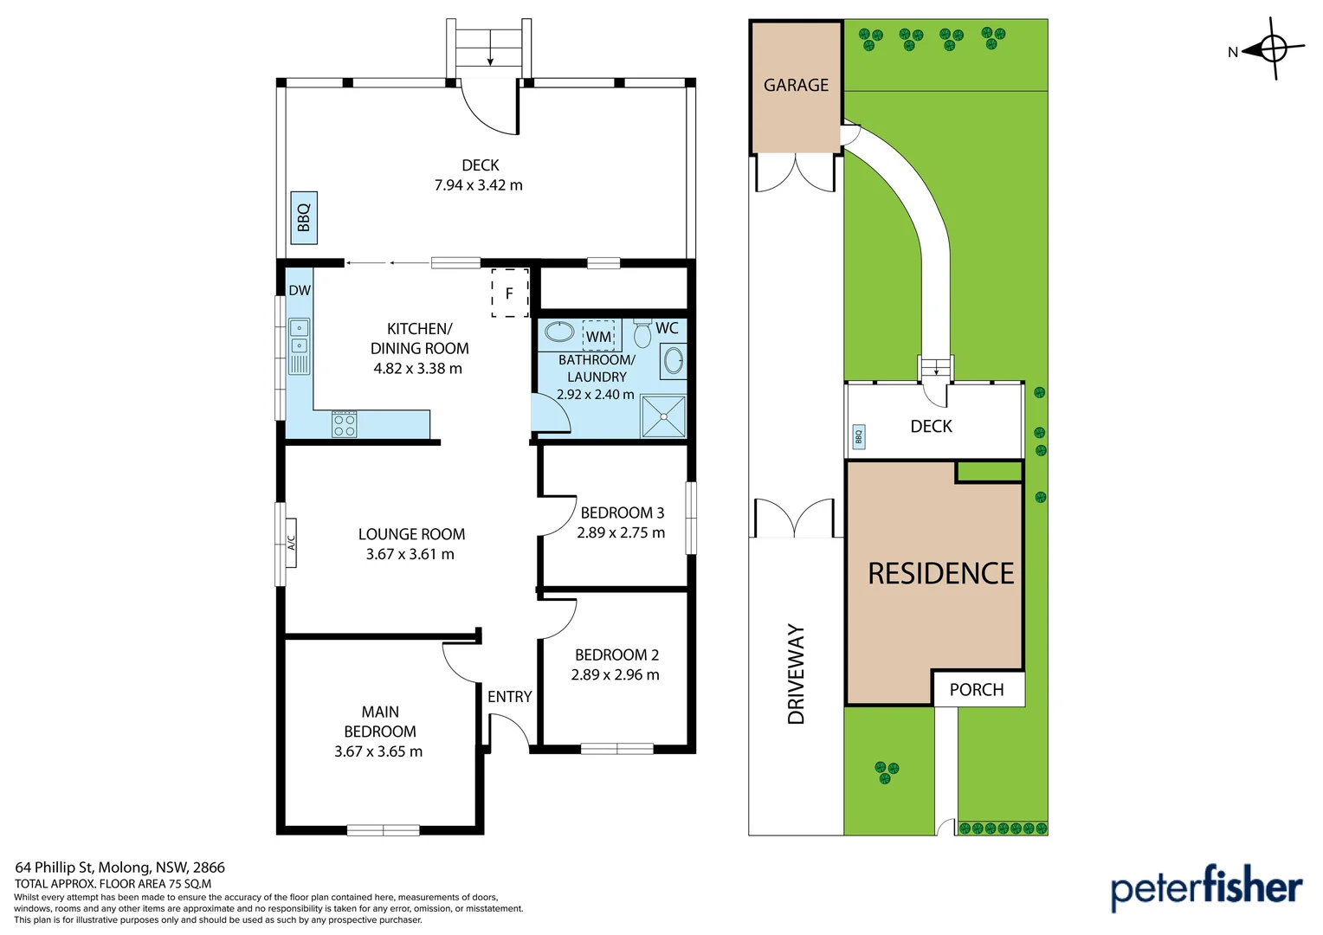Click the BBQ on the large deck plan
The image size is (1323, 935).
click(x=304, y=217)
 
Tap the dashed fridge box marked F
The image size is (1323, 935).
click(x=510, y=293)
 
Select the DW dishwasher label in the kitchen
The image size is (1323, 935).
click(x=300, y=290)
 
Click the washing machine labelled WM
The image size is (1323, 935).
click(x=598, y=336)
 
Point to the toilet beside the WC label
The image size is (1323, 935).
click(x=642, y=333)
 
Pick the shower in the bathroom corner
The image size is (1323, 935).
click(x=663, y=416)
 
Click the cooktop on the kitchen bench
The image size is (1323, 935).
click(x=345, y=424)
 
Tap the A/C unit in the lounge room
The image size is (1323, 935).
click(x=291, y=543)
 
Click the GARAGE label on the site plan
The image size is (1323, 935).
click(x=796, y=85)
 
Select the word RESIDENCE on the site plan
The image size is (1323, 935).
click(x=941, y=573)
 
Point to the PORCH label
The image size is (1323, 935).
click(x=977, y=690)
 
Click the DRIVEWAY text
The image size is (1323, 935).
click(x=797, y=674)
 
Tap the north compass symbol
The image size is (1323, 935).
click(x=1274, y=49)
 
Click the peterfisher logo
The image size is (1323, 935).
click(x=1206, y=889)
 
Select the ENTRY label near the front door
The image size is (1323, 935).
click(x=510, y=697)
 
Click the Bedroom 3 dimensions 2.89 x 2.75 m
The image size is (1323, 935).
click(x=621, y=532)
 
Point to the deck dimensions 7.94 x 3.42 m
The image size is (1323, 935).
click(x=479, y=185)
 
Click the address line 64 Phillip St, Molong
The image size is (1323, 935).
click(x=119, y=867)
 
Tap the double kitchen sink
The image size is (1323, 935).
click(x=299, y=336)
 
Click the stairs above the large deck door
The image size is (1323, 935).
click(x=489, y=48)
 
